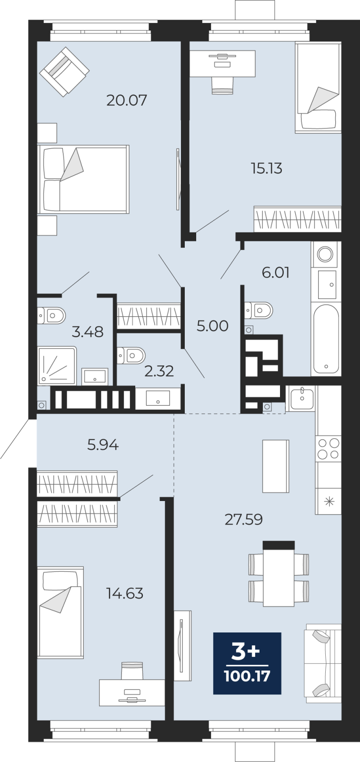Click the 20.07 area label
(127, 100)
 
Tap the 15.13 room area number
(266, 169)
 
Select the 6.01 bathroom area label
(276, 272)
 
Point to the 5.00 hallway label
(212, 326)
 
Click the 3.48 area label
(88, 331)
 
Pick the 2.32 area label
(159, 371)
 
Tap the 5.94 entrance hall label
(103, 445)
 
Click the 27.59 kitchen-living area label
(244, 520)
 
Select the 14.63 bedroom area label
(125, 593)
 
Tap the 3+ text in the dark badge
(245, 652)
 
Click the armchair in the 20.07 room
(64, 72)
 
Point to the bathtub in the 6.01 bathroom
(326, 339)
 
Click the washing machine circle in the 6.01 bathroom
(325, 254)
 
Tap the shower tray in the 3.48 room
(57, 366)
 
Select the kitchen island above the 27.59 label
(276, 466)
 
